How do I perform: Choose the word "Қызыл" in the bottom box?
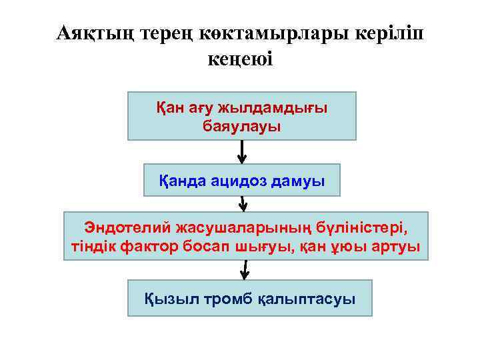(165, 298)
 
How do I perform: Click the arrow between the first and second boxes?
(242, 152)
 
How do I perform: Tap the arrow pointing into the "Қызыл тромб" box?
(245, 269)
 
